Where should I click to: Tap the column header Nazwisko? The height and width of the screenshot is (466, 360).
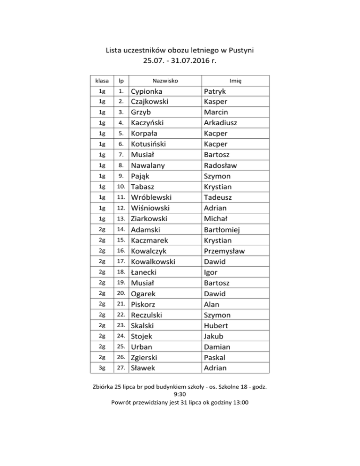(x=164, y=81)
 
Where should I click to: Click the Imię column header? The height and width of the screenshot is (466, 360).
(x=235, y=81)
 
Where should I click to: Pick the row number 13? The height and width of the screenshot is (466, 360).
(x=120, y=219)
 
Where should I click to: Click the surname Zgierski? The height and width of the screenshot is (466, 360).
(x=148, y=358)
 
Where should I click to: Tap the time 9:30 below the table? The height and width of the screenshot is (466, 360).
(x=180, y=394)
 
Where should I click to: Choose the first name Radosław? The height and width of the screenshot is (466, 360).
(x=220, y=165)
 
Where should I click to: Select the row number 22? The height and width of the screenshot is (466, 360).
(x=120, y=315)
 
